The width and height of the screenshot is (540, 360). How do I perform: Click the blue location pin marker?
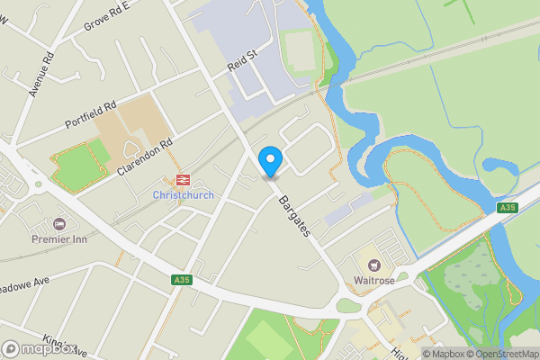tap(270, 160)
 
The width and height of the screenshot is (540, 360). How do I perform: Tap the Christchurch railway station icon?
tap(184, 180)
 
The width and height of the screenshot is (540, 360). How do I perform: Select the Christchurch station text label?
tap(183, 195)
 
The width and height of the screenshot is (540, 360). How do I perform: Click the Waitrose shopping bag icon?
tap(373, 265)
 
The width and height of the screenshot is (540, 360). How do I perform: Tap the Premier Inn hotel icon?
tap(60, 223)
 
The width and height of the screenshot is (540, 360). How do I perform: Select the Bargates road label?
tap(294, 216)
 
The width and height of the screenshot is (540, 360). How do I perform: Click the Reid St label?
tap(242, 61)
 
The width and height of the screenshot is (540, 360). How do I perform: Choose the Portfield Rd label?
tap(91, 113)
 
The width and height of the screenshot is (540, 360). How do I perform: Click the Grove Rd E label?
tap(106, 15)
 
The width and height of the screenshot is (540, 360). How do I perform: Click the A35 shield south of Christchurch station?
tap(182, 282)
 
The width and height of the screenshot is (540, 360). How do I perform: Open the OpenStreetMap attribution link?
tap(502, 354)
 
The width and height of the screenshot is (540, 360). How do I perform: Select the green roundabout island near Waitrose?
tap(348, 306)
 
